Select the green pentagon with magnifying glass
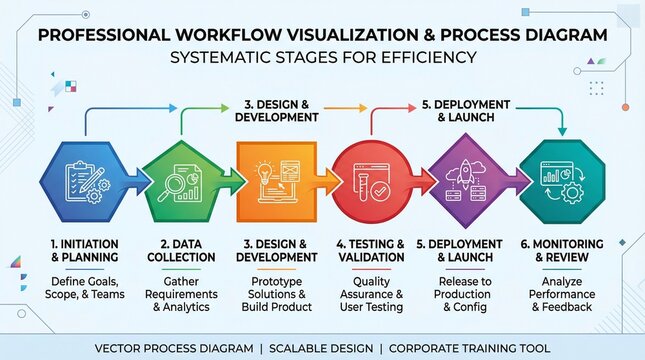tap(181, 181)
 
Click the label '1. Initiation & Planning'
tap(84, 251)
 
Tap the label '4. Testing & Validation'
tap(370, 251)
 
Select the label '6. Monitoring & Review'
tap(561, 251)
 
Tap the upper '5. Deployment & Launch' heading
tap(464, 110)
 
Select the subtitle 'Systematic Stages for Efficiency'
tap(322, 57)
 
